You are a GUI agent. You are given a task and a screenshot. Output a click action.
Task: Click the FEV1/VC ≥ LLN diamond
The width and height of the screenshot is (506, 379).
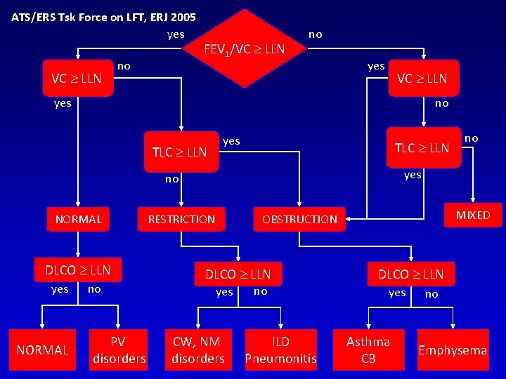[x=244, y=48]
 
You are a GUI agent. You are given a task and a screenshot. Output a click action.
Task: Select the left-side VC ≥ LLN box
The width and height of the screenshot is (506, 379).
[x=77, y=78]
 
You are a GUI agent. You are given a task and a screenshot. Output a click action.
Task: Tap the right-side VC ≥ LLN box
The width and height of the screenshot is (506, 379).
[x=422, y=78]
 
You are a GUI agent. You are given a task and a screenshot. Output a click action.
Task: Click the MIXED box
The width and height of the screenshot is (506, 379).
[x=473, y=215]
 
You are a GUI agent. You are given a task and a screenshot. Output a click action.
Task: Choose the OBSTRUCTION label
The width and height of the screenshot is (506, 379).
[x=299, y=220]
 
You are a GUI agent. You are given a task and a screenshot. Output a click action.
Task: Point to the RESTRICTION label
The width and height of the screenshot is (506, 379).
[x=181, y=220]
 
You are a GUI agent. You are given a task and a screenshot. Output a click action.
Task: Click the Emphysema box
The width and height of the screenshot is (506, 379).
[x=453, y=350]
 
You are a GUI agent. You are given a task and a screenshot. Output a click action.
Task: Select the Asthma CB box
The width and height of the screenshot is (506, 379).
[x=368, y=350]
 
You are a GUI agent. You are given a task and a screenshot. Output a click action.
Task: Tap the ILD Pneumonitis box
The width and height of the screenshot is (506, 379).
[x=280, y=350]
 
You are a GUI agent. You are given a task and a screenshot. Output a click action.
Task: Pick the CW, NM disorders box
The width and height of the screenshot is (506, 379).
[x=197, y=350]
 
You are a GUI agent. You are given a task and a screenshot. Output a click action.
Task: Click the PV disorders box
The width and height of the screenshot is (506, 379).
[x=119, y=350]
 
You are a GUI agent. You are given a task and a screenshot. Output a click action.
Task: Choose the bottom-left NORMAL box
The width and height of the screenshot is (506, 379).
[x=42, y=350]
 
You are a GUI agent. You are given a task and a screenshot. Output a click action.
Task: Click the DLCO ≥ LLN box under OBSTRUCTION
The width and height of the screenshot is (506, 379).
[x=411, y=273]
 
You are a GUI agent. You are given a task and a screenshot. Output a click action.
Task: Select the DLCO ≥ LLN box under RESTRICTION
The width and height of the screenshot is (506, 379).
[x=238, y=273]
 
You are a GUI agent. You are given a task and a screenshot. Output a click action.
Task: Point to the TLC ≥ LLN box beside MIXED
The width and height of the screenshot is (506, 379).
[x=422, y=147]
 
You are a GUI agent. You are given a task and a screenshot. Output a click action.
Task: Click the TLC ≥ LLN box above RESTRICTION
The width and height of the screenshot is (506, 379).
[x=180, y=151]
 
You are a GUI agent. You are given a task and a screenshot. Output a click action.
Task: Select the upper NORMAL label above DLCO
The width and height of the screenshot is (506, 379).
[x=79, y=220]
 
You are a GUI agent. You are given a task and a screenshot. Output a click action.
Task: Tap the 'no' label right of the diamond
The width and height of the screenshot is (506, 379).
[x=316, y=34]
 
